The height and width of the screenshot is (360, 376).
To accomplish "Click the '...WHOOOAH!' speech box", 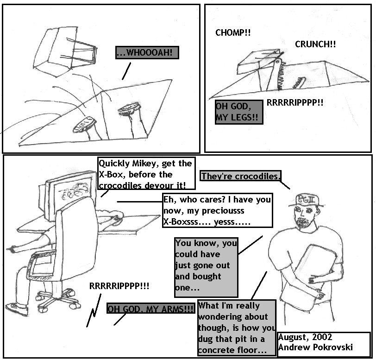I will tap(147, 53).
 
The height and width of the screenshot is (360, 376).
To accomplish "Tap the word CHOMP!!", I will tap(233, 33).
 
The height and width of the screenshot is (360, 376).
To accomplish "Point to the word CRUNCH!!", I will tap(315, 44).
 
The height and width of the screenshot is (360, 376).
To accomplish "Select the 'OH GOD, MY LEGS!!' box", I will tap(238, 113).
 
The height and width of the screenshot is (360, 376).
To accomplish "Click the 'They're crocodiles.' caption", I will tap(241, 176).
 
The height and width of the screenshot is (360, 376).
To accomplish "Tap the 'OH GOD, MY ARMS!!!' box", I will tap(151, 309).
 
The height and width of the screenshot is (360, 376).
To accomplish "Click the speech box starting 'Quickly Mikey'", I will tap(145, 174).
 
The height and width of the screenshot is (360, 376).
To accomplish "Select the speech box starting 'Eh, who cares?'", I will tap(217, 210).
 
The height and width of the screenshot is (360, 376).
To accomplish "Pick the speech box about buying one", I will tap(206, 265).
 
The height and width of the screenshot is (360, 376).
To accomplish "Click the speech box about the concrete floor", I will tap(236, 328).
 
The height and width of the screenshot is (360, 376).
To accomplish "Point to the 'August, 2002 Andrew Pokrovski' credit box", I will tap(323, 343).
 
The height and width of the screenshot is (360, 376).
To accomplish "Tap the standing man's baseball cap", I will tap(307, 200).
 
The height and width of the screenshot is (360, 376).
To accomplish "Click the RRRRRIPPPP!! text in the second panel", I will tap(295, 103).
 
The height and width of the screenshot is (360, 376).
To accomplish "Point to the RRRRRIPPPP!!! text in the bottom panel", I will tap(119, 286).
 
